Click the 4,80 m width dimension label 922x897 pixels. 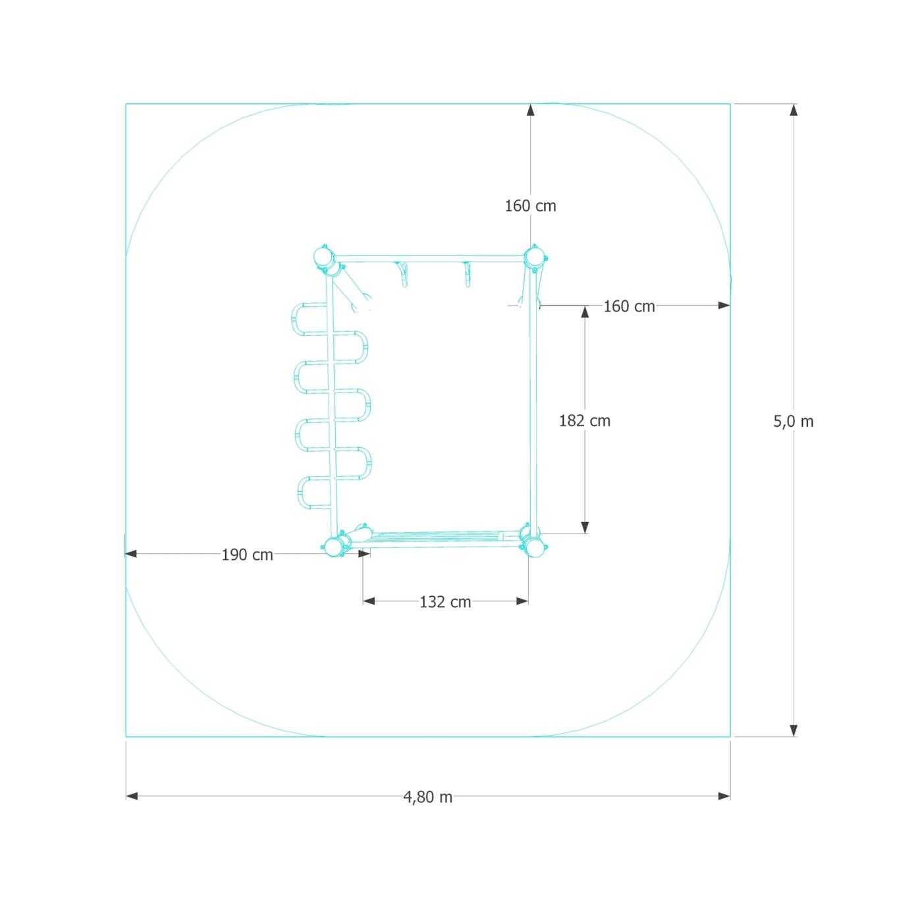427,797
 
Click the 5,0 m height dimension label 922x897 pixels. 793,421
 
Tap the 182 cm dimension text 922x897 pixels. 584,421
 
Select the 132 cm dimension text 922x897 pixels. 445,602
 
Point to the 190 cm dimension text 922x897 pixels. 247,555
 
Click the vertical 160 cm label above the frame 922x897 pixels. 529,206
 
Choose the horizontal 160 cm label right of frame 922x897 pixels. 629,307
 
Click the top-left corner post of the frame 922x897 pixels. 324,258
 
